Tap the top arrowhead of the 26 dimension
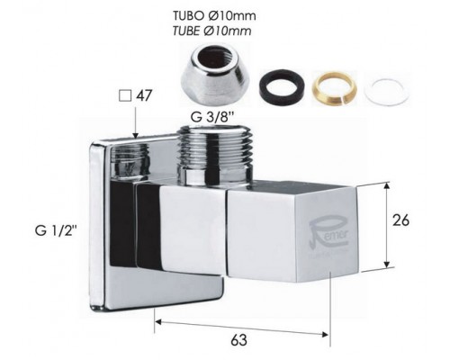[388, 185]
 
